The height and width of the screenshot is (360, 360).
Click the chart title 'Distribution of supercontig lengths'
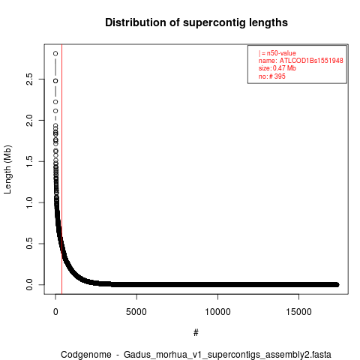(x=196, y=22)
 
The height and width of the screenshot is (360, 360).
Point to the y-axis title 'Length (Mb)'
(x=7, y=169)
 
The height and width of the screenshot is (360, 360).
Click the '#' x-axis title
(x=196, y=333)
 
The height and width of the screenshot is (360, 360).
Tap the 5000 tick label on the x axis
(x=136, y=312)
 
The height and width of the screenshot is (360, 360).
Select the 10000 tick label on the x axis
(x=217, y=312)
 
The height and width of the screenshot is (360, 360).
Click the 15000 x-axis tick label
(x=299, y=312)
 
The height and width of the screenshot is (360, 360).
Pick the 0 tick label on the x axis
(x=55, y=312)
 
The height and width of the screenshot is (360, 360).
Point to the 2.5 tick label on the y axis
(x=29, y=79)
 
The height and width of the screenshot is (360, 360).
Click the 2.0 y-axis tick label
(x=29, y=120)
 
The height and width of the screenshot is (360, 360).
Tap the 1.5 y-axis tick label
(x=29, y=161)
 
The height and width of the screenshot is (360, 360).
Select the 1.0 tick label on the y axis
(x=29, y=202)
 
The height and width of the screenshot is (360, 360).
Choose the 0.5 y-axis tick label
(x=29, y=244)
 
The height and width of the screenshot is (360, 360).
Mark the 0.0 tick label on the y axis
(x=29, y=285)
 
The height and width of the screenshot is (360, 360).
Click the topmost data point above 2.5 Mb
(x=55, y=53)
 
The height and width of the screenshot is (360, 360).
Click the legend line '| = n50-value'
(x=277, y=53)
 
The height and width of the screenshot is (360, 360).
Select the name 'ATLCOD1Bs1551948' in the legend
(x=311, y=61)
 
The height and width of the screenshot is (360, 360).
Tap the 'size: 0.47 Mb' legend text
(x=277, y=68)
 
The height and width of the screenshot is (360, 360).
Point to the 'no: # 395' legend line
(x=272, y=76)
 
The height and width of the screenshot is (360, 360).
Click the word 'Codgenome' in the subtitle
(x=86, y=355)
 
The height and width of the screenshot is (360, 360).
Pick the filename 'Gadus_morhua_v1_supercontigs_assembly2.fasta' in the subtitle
(x=227, y=355)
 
